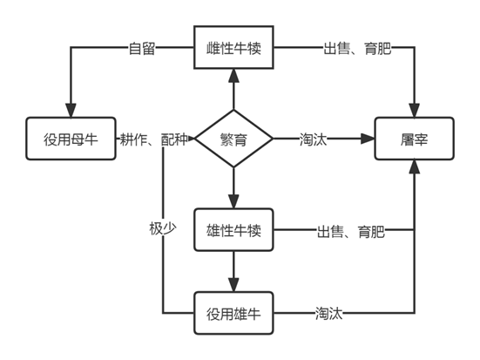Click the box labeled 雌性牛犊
(233, 47)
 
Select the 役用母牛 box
(71, 139)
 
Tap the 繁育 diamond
(233, 139)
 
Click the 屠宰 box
(414, 139)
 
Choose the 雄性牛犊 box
(233, 230)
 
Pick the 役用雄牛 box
(233, 313)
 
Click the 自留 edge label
(142, 49)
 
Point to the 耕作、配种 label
(153, 139)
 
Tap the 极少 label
(163, 228)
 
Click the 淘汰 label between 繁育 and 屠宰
(314, 139)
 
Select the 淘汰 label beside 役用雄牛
(329, 314)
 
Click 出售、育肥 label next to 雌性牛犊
(357, 49)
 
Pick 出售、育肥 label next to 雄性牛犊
(351, 231)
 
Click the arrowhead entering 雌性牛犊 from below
(233, 75)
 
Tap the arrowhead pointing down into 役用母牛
(71, 111)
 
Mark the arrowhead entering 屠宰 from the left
(368, 139)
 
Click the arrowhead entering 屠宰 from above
(414, 111)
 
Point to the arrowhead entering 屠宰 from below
(414, 166)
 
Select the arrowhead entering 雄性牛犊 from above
(233, 201)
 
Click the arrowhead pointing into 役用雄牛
(233, 285)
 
